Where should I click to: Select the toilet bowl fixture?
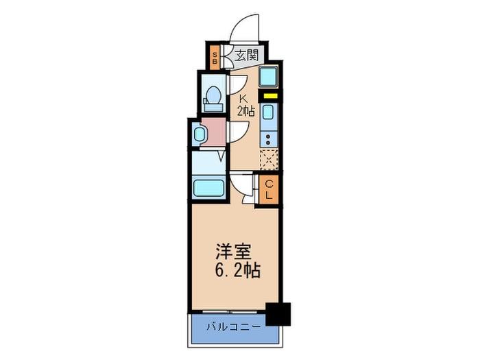[213, 96]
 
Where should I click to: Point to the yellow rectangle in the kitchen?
[269, 96]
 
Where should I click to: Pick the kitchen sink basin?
[269, 113]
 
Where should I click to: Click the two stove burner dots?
[269, 138]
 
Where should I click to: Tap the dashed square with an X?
[269, 159]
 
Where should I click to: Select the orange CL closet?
[269, 189]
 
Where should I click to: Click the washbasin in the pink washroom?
[199, 133]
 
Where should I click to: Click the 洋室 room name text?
[233, 251]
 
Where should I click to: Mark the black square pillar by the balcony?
[279, 314]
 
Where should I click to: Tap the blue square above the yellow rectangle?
[269, 77]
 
